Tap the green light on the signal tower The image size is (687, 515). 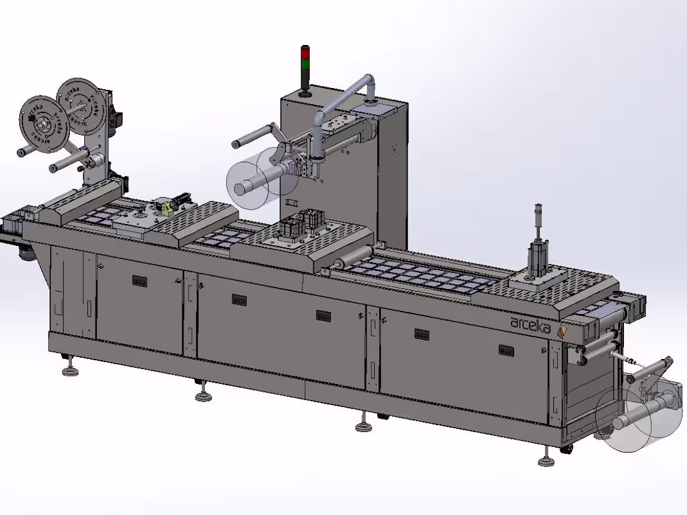[x=305, y=63]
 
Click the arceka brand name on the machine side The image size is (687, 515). [x=530, y=323]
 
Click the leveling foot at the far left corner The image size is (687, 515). [x=71, y=371]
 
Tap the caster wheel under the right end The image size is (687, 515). [x=567, y=449]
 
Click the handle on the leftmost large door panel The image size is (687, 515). [x=139, y=282]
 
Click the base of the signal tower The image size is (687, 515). [x=305, y=94]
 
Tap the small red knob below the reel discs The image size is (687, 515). [x=80, y=167]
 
